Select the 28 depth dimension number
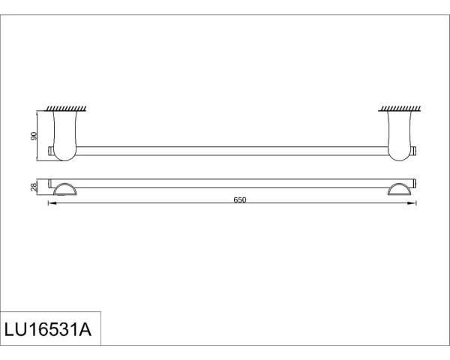click(x=34, y=187)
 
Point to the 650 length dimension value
click(x=238, y=199)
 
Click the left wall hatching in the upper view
click(x=64, y=109)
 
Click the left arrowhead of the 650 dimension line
click(x=52, y=205)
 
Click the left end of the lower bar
click(x=51, y=183)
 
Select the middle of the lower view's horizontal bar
click(x=232, y=183)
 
